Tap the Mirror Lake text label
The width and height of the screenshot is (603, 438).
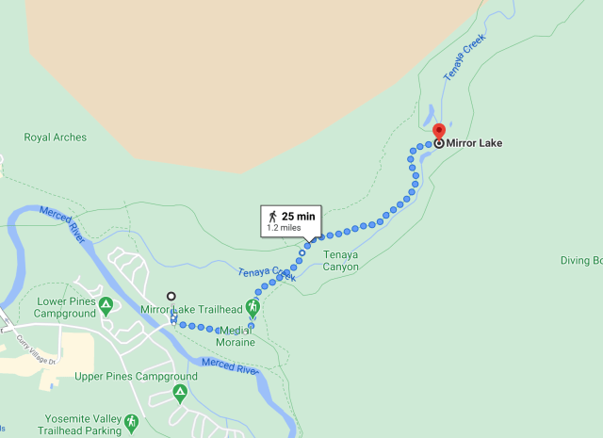pyautogui.click(x=474, y=143)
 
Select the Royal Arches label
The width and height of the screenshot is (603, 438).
pyautogui.click(x=55, y=138)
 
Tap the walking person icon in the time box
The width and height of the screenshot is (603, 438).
pyautogui.click(x=272, y=216)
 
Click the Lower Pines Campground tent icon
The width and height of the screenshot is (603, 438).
pyautogui.click(x=106, y=303)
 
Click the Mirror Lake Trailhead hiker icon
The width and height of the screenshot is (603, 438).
pyautogui.click(x=252, y=307)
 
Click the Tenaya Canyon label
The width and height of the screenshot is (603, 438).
pyautogui.click(x=340, y=260)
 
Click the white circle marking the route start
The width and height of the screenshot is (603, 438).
pyautogui.click(x=171, y=296)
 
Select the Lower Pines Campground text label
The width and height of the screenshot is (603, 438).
pyautogui.click(x=61, y=308)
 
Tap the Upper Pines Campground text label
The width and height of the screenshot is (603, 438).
pyautogui.click(x=135, y=377)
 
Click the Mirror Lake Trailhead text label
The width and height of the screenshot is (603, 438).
pyautogui.click(x=190, y=309)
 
